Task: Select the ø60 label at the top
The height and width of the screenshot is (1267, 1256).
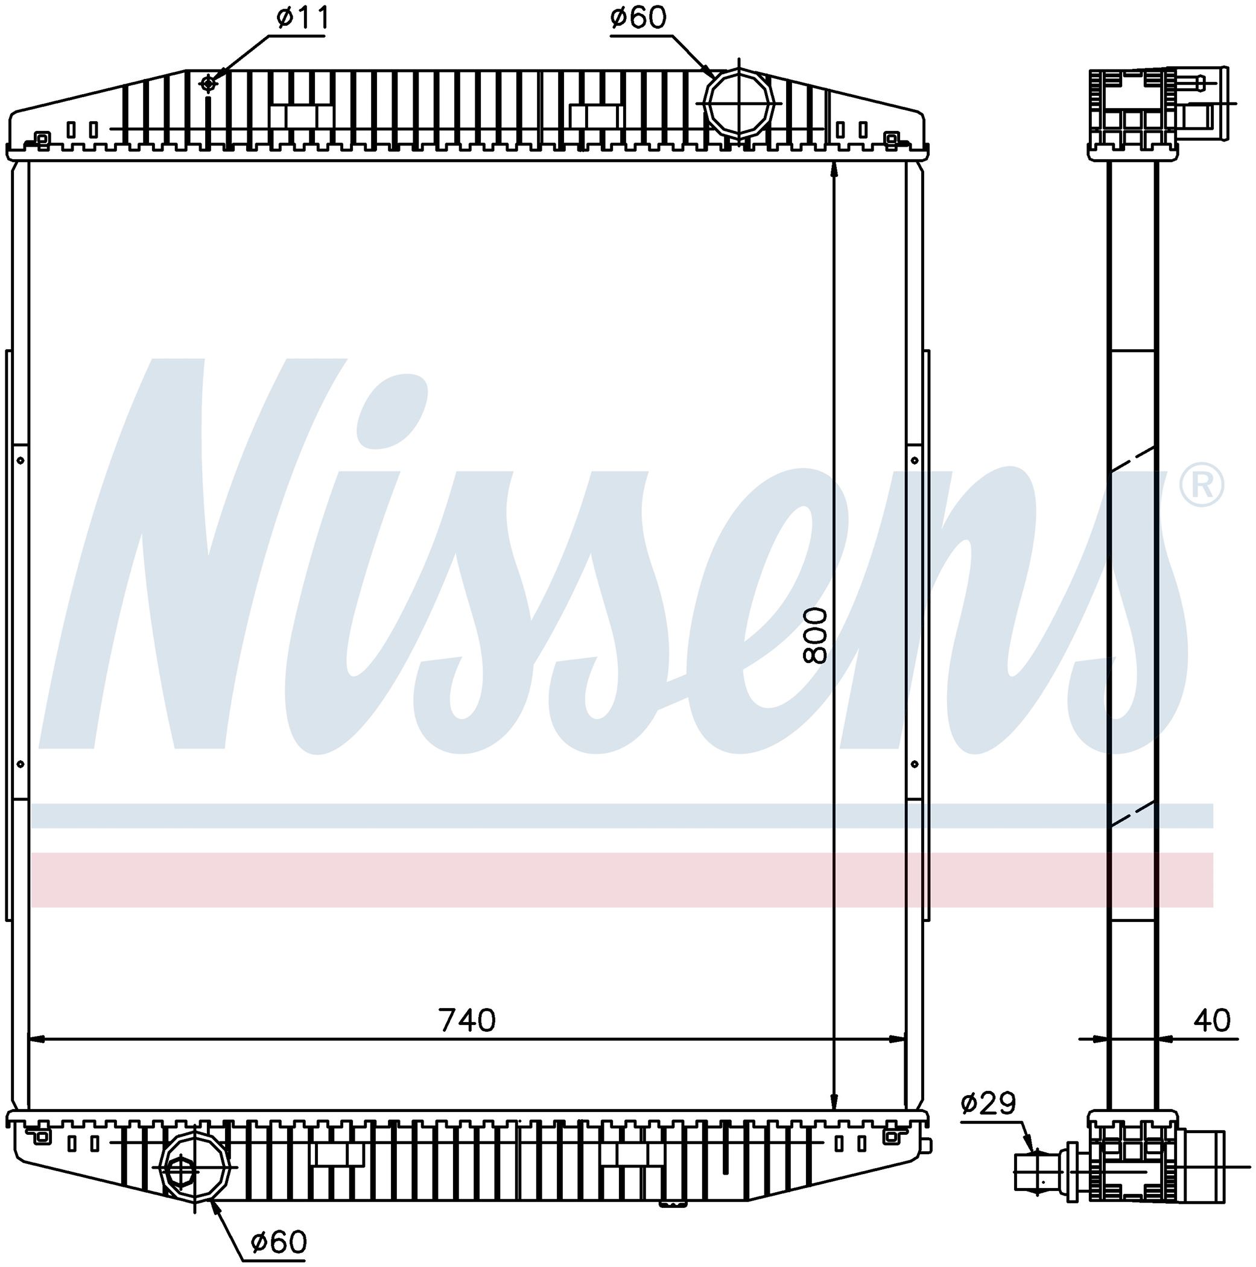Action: (x=638, y=17)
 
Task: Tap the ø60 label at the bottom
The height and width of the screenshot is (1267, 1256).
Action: (x=279, y=1241)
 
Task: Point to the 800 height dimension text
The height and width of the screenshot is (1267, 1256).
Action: (x=816, y=635)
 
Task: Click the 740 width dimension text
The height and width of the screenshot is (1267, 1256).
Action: (x=467, y=1020)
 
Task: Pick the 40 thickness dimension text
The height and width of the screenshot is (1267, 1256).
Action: (x=1211, y=1020)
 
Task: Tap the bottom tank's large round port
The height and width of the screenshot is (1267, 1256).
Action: (x=195, y=1169)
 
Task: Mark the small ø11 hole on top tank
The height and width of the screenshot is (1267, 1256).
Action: (x=208, y=83)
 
